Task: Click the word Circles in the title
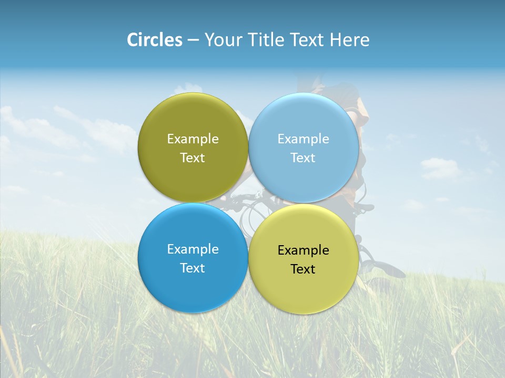click(x=154, y=40)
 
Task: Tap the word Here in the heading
click(x=349, y=40)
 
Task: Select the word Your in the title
click(x=224, y=40)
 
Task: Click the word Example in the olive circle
click(x=193, y=139)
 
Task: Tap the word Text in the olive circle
click(x=193, y=158)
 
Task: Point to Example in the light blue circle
click(x=303, y=139)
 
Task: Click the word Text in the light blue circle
click(x=303, y=158)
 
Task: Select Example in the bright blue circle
click(x=193, y=249)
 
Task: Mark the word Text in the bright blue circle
click(x=193, y=268)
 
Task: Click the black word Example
click(x=303, y=250)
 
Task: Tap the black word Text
click(x=303, y=269)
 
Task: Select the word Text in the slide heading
click(x=307, y=40)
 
